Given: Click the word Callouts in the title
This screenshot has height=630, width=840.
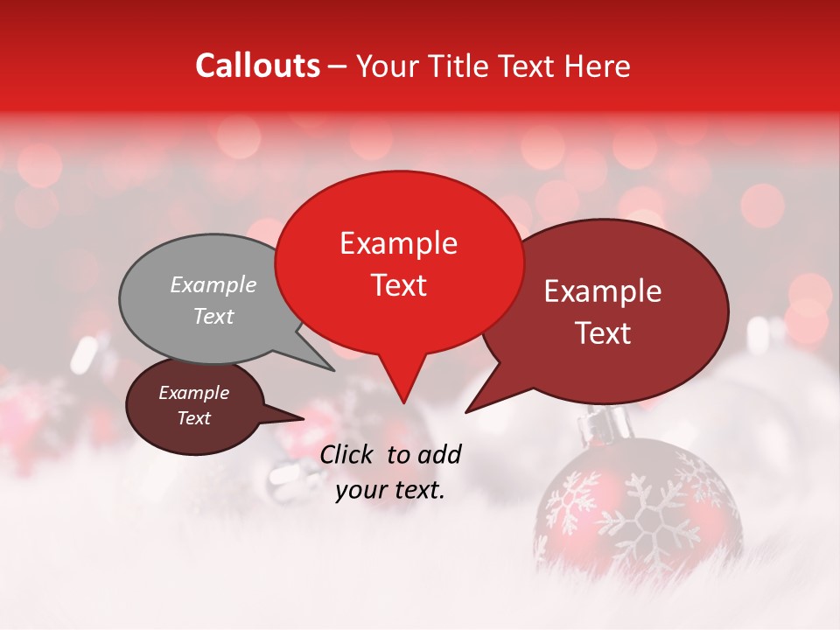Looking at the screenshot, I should coord(257,66).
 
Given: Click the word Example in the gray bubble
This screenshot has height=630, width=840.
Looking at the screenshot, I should coord(213,285).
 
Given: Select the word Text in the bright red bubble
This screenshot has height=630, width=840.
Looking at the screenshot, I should coord(399,285).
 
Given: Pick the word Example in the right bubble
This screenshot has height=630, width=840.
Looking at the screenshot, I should coord(603,292).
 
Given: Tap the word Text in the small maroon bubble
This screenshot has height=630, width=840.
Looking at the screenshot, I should coord(194,418).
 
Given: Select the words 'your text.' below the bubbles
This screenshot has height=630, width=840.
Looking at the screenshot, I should coord(390,490).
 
